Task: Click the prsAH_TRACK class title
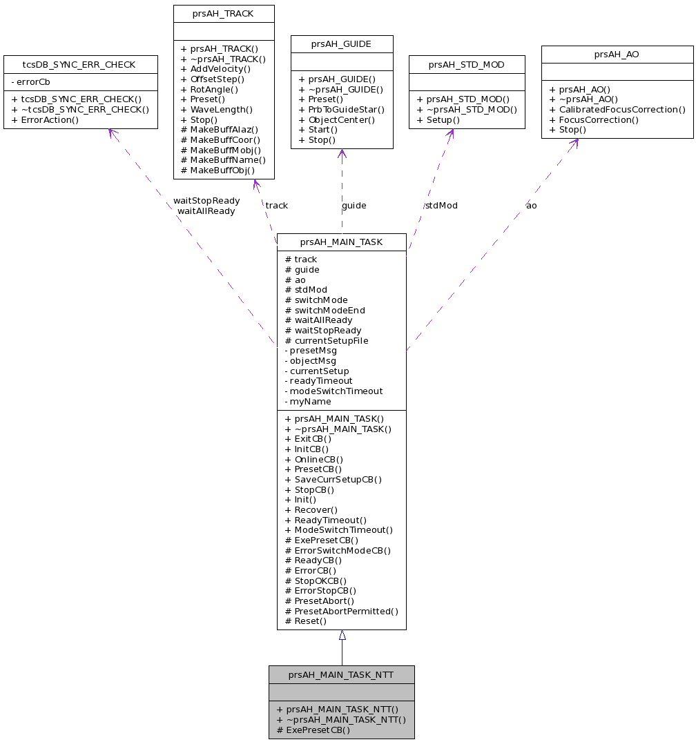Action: (223, 13)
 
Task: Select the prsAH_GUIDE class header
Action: (341, 44)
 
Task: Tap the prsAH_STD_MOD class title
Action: (466, 65)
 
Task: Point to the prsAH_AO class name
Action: (617, 54)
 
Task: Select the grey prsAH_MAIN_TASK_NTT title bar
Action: (341, 674)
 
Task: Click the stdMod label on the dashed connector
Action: (441, 205)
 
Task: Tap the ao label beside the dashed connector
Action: (531, 205)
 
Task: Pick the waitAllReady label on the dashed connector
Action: (206, 211)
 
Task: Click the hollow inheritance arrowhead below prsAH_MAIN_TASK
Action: (342, 635)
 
